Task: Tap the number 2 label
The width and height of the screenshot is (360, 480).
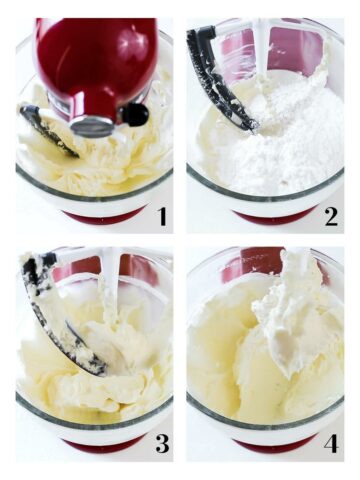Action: (329, 215)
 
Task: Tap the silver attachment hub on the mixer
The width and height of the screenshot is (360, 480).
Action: (93, 126)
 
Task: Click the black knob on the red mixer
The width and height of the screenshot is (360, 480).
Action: (134, 114)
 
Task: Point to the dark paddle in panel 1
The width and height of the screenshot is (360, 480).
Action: (45, 130)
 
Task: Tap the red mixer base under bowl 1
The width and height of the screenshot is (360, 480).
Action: (101, 216)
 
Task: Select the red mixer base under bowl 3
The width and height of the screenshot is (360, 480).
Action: (100, 445)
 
